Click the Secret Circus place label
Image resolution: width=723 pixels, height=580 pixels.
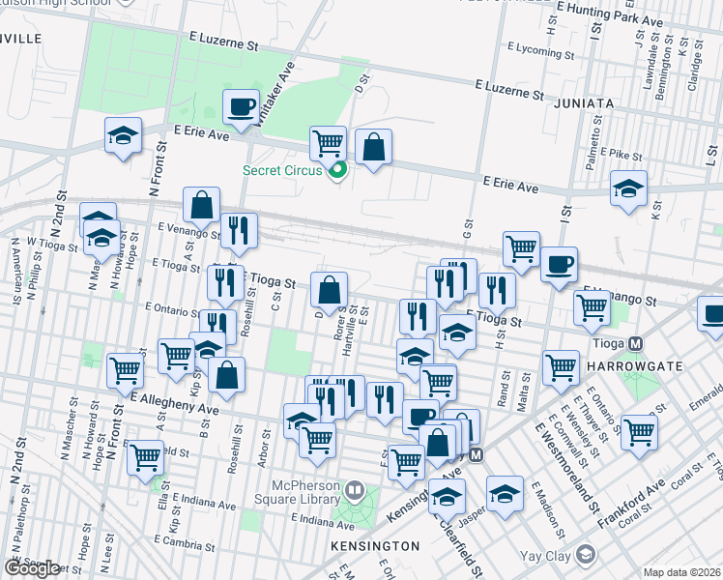(x=281, y=171)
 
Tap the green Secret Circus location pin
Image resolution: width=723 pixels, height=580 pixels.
(x=337, y=172)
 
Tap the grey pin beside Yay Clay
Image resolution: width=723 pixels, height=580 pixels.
(x=585, y=554)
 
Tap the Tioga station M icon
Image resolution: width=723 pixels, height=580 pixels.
(x=636, y=343)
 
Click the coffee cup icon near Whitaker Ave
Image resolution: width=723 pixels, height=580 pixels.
(x=241, y=106)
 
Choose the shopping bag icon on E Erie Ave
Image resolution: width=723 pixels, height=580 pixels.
(x=373, y=148)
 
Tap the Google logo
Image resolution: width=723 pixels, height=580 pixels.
(x=32, y=567)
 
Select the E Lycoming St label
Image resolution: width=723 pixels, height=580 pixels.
(x=540, y=46)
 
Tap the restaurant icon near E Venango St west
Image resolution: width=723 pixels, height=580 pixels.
(x=238, y=230)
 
